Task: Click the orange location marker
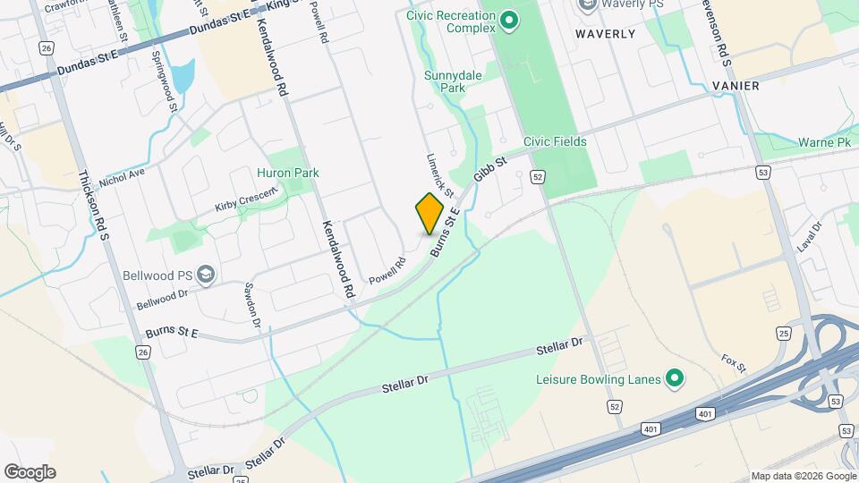[429, 213]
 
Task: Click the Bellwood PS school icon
[206, 273]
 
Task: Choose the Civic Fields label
[555, 141]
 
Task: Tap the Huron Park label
[288, 173]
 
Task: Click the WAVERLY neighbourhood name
[605, 34]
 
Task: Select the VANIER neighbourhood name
[736, 86]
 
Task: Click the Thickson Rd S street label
[92, 206]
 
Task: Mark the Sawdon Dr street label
[252, 305]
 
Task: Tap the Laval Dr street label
[809, 239]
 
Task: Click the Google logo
[30, 472]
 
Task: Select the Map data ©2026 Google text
[803, 476]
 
